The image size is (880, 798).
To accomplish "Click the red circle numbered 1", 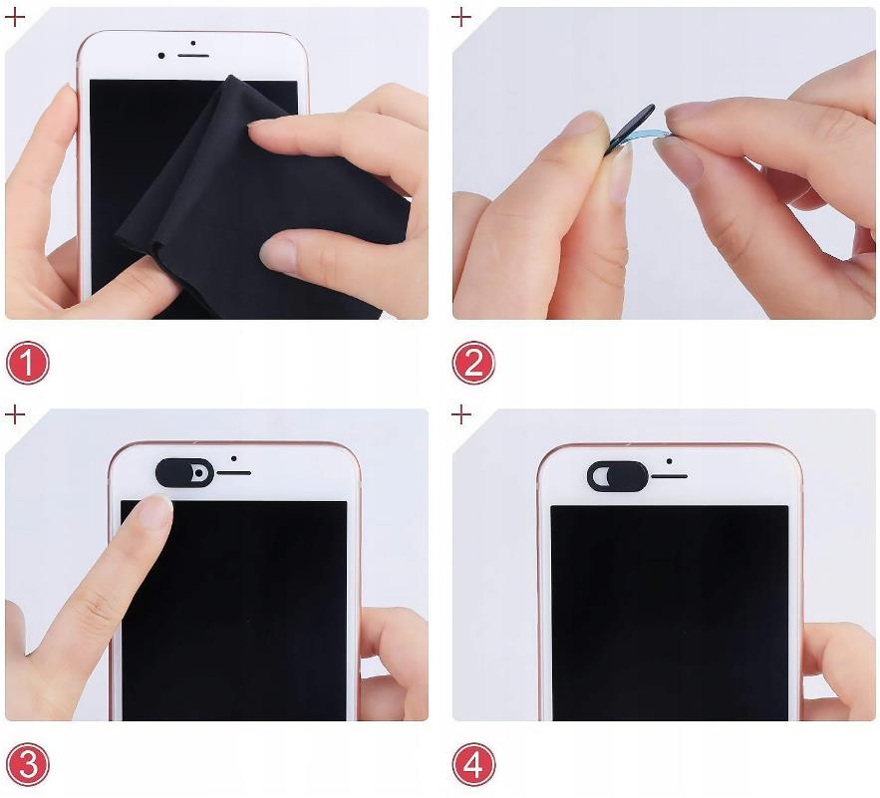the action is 28,363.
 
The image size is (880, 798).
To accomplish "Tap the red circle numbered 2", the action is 473,363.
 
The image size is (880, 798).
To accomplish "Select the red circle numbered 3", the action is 28,764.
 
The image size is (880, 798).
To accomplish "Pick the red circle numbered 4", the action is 473,764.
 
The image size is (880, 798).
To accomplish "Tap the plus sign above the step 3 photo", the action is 15,415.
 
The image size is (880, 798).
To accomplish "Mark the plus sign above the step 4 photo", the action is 461,415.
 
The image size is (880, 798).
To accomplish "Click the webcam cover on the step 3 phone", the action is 184,472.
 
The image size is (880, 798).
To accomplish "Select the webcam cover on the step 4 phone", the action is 617,476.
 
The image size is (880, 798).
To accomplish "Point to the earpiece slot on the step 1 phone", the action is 193,56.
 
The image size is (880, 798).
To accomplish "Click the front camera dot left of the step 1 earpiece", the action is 161,56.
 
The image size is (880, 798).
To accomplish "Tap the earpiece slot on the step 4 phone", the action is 669,476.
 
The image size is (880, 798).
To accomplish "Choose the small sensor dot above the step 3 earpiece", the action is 233,458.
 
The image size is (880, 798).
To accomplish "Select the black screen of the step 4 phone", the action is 670,613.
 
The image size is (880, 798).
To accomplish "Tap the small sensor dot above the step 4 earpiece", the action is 669,461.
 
